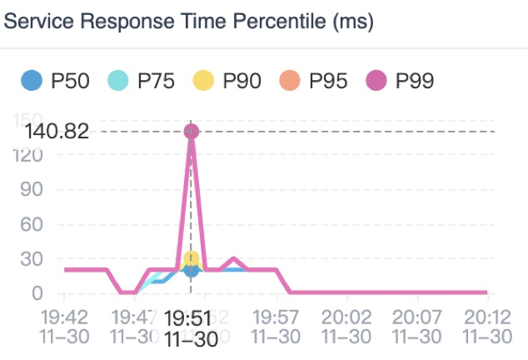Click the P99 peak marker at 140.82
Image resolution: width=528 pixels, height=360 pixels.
[x=192, y=131]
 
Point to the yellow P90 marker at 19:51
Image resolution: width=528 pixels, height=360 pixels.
[x=192, y=259]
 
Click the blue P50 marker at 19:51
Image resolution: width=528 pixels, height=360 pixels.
[x=192, y=270]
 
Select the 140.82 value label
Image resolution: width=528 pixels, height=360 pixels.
[x=57, y=132]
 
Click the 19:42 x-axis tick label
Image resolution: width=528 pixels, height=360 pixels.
[x=64, y=327]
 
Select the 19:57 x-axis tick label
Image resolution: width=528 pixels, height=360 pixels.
[x=276, y=327]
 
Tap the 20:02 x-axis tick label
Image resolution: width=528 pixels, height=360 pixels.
[x=346, y=327]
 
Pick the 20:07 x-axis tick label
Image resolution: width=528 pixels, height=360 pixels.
[x=416, y=327]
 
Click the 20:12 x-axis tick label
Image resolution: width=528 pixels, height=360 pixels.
[x=487, y=327]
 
